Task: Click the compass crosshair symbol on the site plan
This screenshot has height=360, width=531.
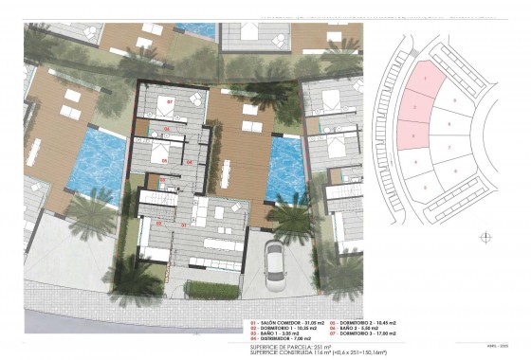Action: tap(486, 237)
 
